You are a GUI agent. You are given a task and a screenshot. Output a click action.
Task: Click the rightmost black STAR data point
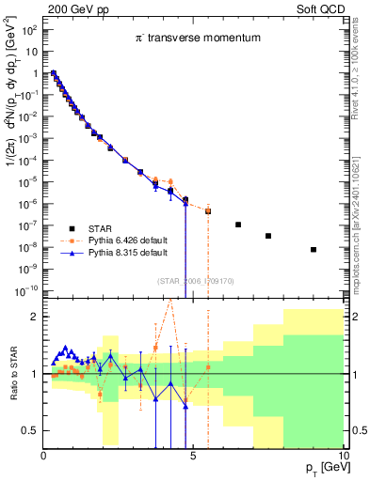[x=313, y=250]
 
